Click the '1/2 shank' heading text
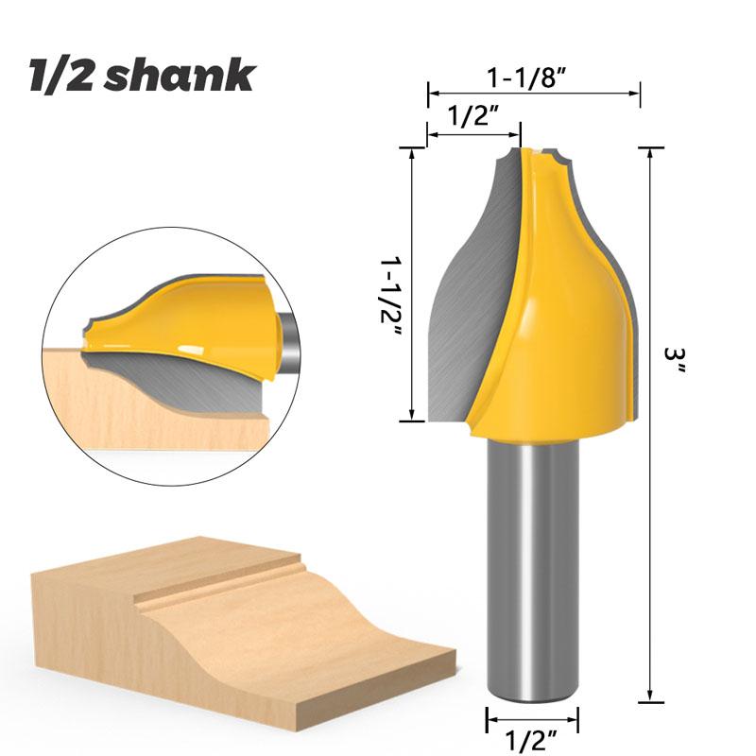click(142, 76)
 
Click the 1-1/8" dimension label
click(534, 76)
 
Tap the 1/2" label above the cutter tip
click(472, 117)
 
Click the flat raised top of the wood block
click(170, 567)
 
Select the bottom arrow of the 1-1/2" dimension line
click(412, 417)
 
